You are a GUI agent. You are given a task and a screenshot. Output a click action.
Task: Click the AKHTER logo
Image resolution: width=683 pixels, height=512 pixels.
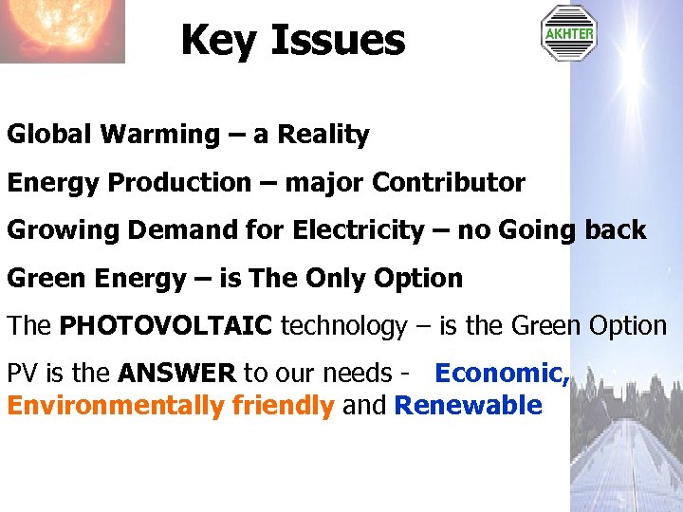click(568, 33)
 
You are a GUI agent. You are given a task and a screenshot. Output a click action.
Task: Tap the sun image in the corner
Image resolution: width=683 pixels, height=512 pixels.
click(63, 30)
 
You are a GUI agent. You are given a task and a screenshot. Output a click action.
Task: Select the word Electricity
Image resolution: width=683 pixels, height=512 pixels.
click(357, 230)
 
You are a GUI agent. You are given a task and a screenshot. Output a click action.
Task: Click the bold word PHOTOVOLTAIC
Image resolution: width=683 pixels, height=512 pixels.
click(166, 326)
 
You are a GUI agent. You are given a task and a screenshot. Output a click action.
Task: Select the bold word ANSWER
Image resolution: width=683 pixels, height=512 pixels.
click(177, 374)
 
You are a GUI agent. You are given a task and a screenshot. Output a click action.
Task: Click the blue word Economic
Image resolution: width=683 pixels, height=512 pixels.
click(502, 374)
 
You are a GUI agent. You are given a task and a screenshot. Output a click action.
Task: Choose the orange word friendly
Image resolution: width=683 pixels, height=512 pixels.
click(284, 406)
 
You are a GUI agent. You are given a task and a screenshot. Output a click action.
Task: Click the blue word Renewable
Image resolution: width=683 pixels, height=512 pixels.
click(468, 406)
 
